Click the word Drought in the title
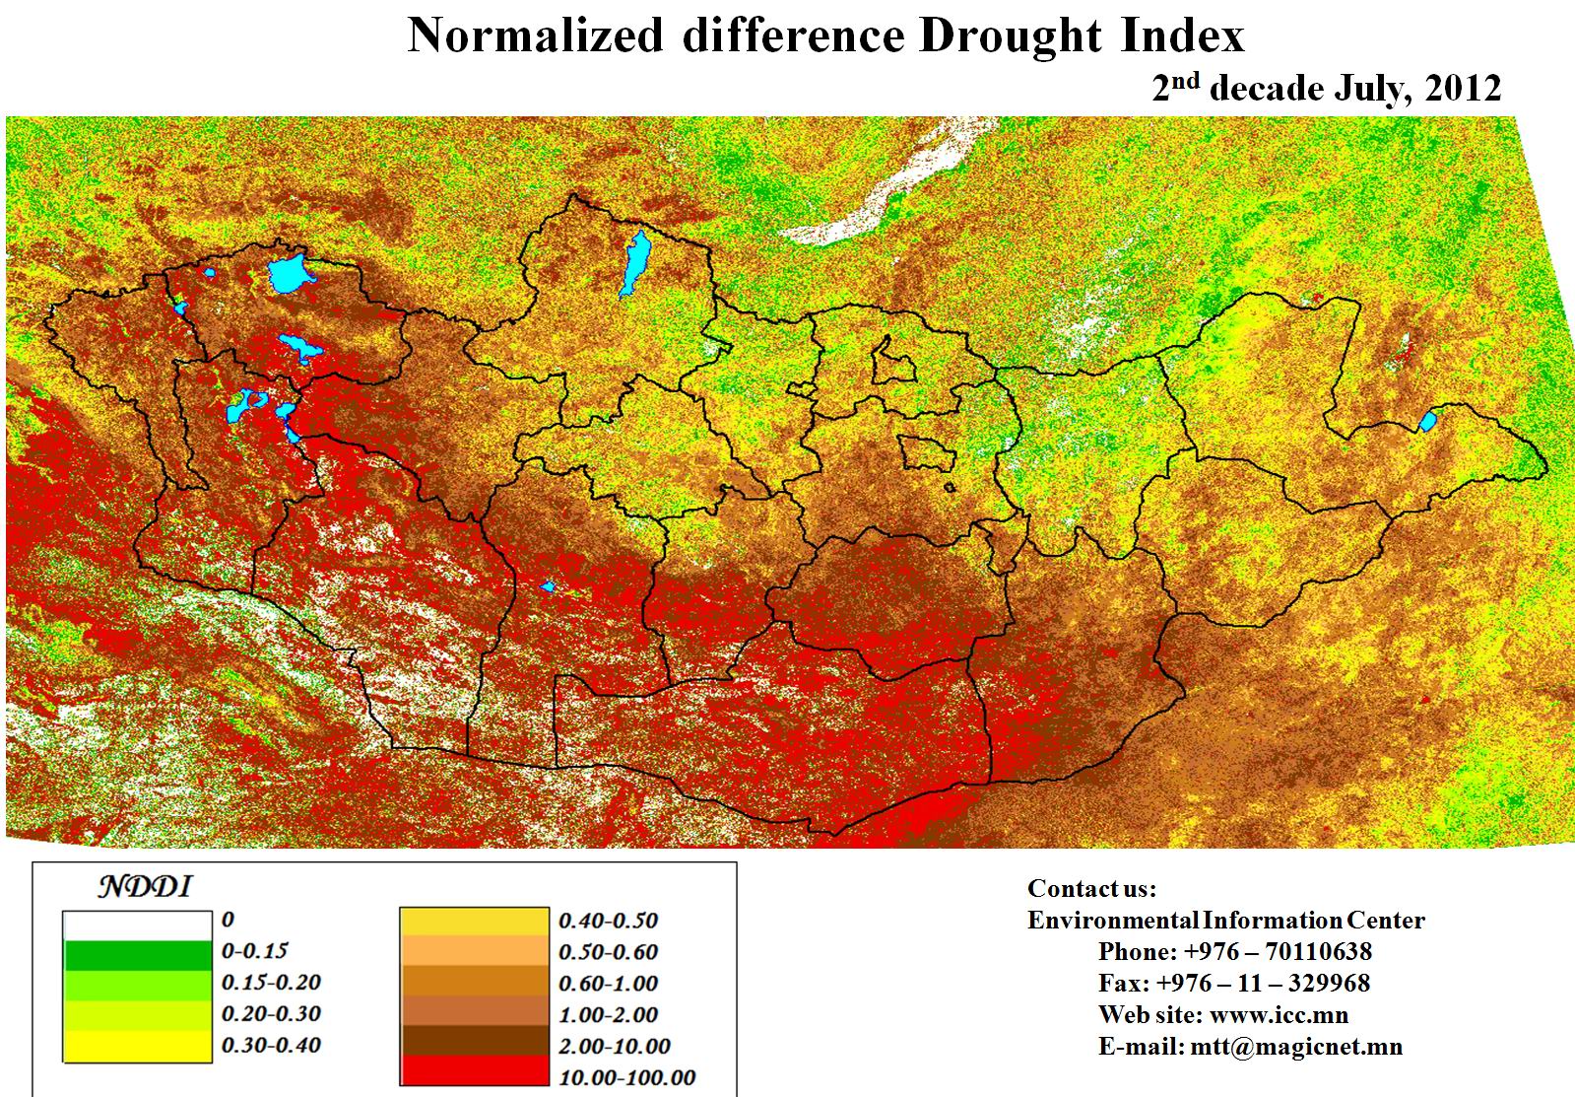click(1011, 36)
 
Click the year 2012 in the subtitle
click(1463, 89)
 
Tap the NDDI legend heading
click(144, 887)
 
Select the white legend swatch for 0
click(137, 926)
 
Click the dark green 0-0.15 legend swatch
click(137, 955)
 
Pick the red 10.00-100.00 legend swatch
click(474, 1071)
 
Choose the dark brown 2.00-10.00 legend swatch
click(474, 1042)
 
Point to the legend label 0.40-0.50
click(608, 921)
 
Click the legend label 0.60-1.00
click(608, 984)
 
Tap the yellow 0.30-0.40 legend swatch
click(137, 1046)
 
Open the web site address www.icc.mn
click(1279, 1015)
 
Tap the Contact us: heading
click(1091, 889)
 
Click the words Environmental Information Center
click(1225, 921)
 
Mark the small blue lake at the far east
click(1427, 423)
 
